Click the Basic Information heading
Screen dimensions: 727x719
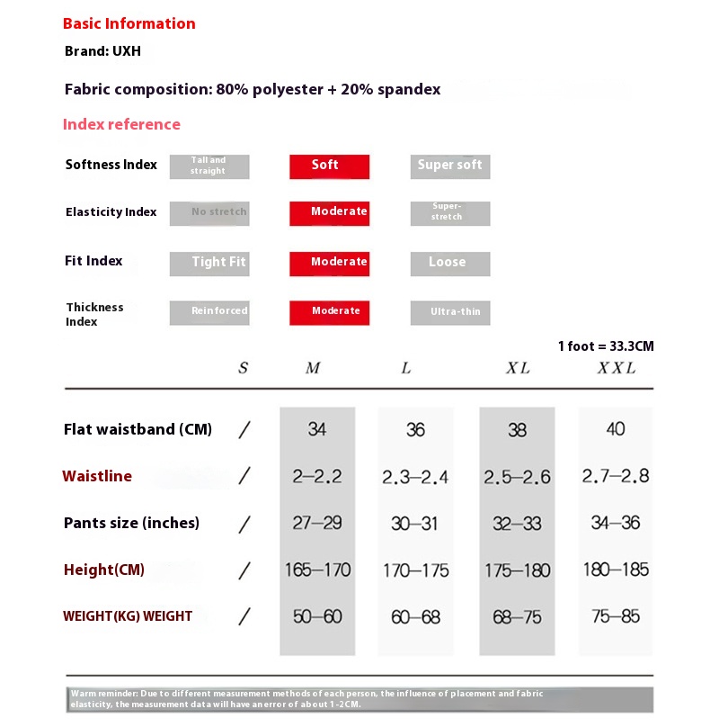click(x=129, y=24)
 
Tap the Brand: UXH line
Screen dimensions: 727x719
click(x=102, y=52)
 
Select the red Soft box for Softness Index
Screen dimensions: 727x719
click(x=329, y=166)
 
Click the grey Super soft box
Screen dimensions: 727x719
click(x=449, y=166)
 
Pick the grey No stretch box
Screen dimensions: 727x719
click(x=209, y=213)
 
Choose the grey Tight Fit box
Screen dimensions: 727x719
click(x=209, y=263)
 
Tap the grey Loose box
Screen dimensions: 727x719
click(x=449, y=263)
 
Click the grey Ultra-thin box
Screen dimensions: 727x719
click(x=449, y=312)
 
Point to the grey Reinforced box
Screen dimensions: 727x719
click(x=209, y=312)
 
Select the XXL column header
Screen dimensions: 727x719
click(x=617, y=368)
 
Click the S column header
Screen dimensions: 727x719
click(x=243, y=368)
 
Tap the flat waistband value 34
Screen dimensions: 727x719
click(x=316, y=429)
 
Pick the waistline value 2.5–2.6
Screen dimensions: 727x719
click(x=517, y=477)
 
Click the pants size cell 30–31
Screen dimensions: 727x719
click(x=415, y=523)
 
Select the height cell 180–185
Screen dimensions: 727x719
click(x=616, y=570)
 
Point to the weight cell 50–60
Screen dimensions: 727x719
click(x=316, y=617)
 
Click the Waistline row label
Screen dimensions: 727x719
click(x=97, y=476)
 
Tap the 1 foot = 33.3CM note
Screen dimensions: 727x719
click(x=606, y=346)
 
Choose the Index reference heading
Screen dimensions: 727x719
click(x=121, y=124)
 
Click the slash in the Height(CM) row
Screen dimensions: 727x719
click(x=244, y=570)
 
